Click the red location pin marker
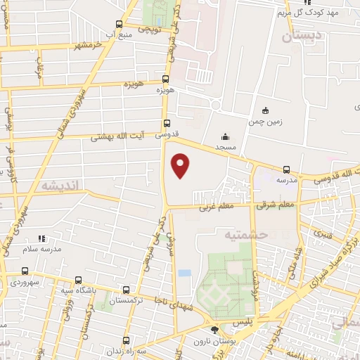(181, 165)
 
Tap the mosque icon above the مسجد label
(225, 136)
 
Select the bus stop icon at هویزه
(165, 79)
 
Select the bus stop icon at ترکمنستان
(126, 289)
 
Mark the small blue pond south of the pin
(184, 272)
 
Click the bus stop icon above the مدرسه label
(286, 169)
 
